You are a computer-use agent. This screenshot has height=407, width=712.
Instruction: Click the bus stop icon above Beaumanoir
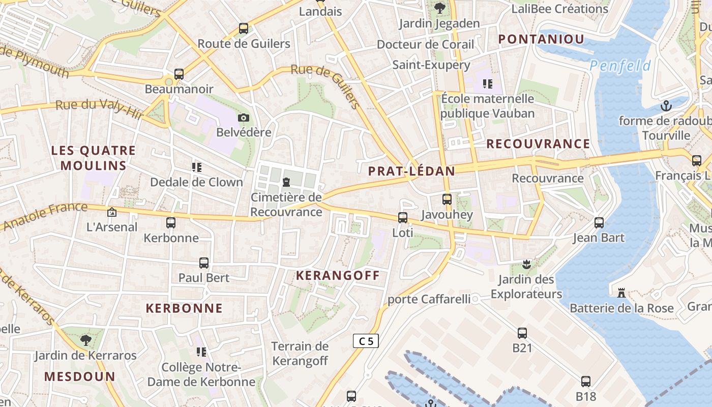[x=179, y=74]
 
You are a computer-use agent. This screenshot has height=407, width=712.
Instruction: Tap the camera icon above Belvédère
[x=244, y=118]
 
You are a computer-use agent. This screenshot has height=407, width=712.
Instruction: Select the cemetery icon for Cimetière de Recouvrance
[x=286, y=182]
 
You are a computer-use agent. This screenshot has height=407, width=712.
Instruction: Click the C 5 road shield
[x=366, y=341]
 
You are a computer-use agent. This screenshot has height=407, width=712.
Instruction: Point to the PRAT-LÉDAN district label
[x=411, y=171]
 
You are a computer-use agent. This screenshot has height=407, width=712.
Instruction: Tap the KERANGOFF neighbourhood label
[x=338, y=276]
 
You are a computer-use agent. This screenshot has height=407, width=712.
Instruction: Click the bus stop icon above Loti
[x=403, y=218]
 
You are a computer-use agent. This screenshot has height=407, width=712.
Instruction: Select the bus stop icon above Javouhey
[x=447, y=199]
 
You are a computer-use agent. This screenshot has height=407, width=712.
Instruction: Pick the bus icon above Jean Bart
[x=599, y=223]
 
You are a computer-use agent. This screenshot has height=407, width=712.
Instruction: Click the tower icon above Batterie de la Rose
[x=621, y=293]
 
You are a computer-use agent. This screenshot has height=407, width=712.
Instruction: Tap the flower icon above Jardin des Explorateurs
[x=526, y=264]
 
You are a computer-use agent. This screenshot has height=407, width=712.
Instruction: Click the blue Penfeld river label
[x=620, y=66]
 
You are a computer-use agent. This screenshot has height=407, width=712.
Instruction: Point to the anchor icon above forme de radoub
[x=666, y=106]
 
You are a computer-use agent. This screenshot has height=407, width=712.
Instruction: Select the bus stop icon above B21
[x=522, y=333]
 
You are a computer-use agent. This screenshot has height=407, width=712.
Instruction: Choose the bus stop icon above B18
[x=586, y=382]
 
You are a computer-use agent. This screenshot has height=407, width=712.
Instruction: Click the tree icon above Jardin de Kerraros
[x=85, y=340]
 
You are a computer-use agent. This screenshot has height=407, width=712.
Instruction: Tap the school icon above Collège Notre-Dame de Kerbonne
[x=201, y=352]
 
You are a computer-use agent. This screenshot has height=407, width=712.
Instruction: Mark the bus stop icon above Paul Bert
[x=204, y=263]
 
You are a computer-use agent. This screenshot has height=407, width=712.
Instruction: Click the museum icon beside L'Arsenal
[x=112, y=212]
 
